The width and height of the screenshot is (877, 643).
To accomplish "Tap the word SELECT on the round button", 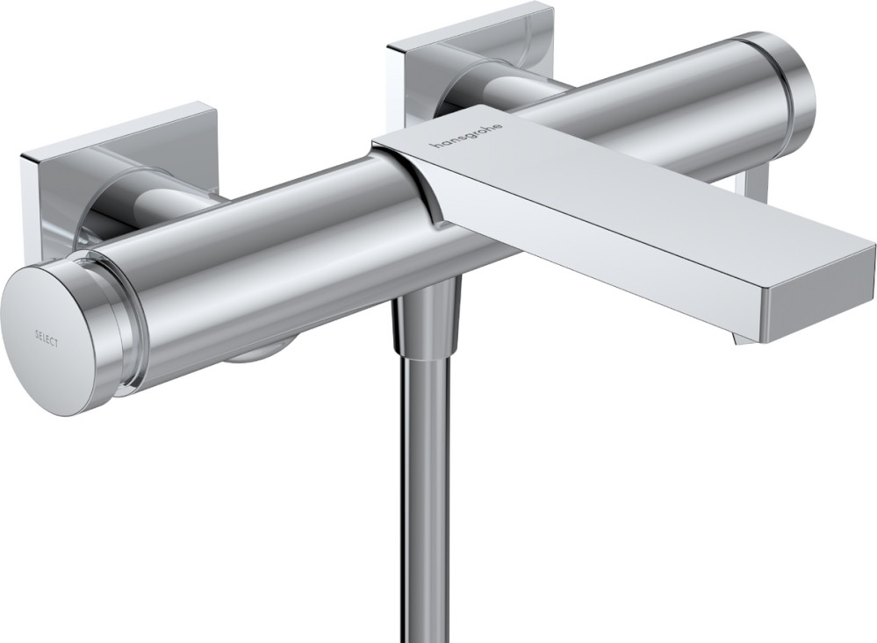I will pos(47,338).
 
